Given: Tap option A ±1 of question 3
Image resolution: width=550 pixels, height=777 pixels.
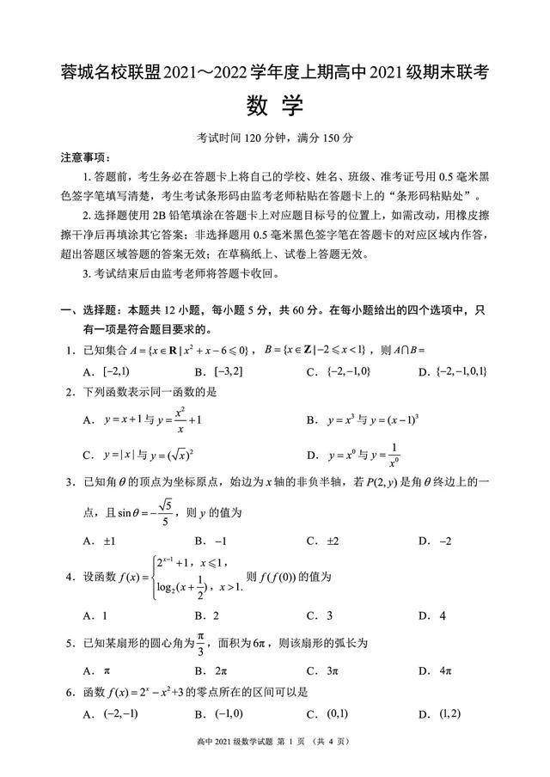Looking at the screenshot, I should (x=99, y=541).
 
